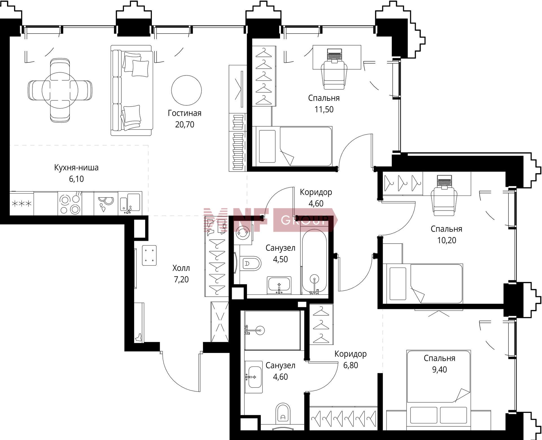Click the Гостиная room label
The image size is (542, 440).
pos(185,113)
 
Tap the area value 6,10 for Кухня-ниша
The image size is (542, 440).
pos(76,179)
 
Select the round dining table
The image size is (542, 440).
pos(60,90)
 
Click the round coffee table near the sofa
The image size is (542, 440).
pos(186,90)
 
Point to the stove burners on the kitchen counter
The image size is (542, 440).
pos(70,203)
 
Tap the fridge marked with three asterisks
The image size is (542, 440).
pos(21,203)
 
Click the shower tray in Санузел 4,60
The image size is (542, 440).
pos(273,330)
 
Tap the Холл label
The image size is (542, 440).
pos(181,268)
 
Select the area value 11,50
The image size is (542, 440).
pos(324,109)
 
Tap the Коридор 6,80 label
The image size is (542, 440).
pos(351,359)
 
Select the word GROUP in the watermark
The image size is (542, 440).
pos(305,220)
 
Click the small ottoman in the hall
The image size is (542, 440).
pos(149,255)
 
